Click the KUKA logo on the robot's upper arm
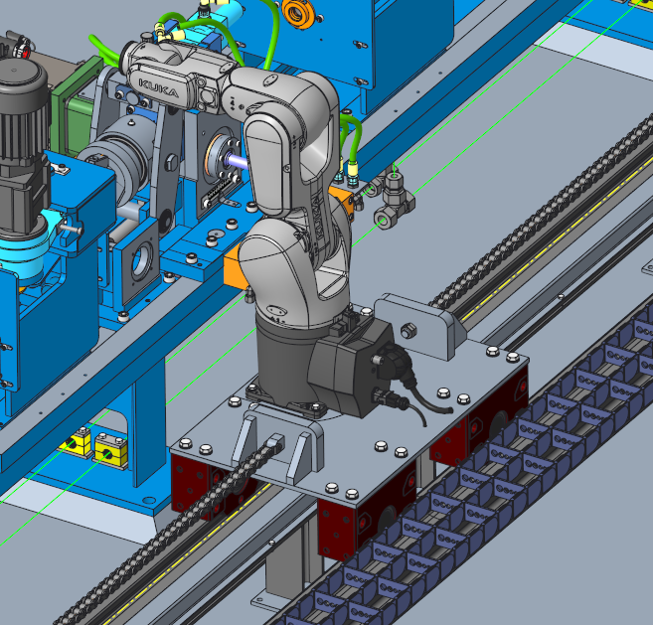159,88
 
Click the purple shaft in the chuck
237,161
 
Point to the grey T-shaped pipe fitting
394,198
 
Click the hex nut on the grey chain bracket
408,331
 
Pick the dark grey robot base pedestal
283,358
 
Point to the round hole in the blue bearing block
141,261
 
